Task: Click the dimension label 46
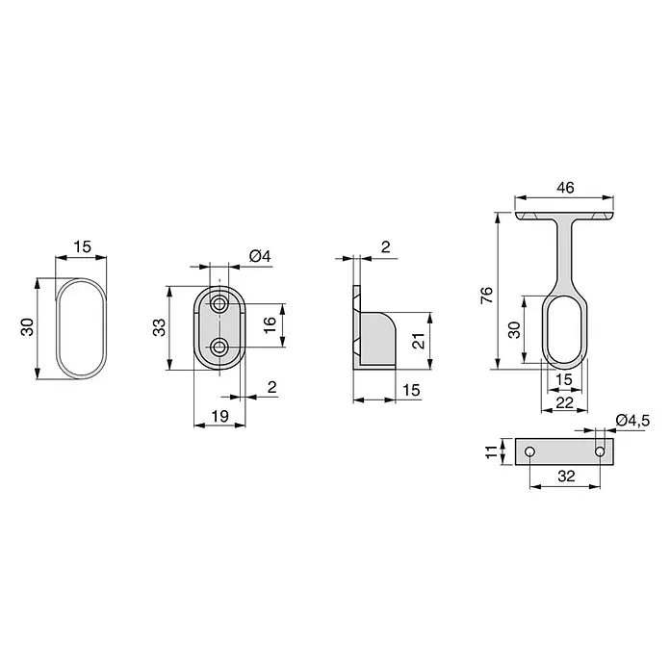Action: pos(565,188)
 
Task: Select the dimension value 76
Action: pos(487,296)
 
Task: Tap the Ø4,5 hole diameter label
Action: pos(632,421)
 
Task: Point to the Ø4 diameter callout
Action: pos(260,256)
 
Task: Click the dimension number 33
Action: pos(159,327)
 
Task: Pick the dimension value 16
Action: pos(271,325)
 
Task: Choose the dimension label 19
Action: pos(220,416)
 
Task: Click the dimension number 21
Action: pos(419,341)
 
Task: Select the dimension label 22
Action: pos(564,402)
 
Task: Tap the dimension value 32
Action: pos(566,476)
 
